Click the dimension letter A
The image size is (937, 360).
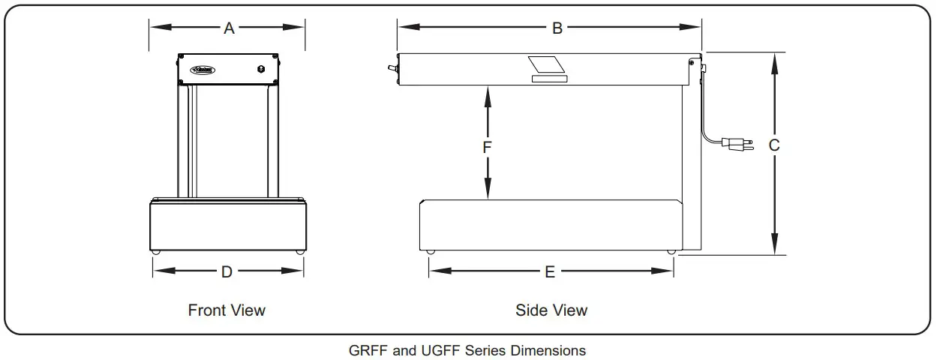tap(230, 28)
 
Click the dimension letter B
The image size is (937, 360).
tap(557, 28)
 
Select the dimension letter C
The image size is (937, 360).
tap(774, 145)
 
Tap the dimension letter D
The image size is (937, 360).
tap(227, 272)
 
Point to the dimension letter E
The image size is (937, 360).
tap(550, 272)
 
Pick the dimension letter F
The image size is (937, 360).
tap(487, 148)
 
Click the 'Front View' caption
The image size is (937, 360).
tap(227, 310)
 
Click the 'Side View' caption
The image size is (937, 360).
tap(551, 310)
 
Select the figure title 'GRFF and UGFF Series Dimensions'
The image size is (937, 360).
tap(467, 350)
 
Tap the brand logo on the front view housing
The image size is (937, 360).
tap(203, 70)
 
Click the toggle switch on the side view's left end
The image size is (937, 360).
tap(390, 68)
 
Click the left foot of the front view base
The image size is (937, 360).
tap(156, 252)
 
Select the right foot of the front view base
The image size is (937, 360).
tap(299, 252)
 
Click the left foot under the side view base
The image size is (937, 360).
tap(430, 252)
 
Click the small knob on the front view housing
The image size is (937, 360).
tap(261, 70)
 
